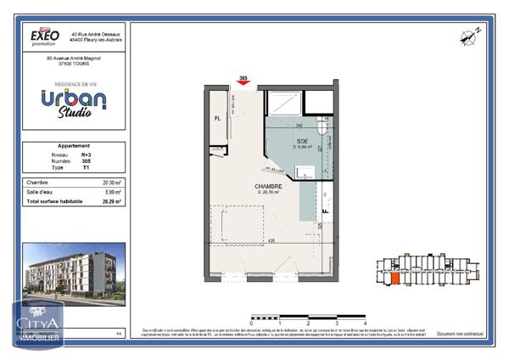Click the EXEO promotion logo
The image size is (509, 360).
pos(45,37)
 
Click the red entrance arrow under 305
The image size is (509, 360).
pos(243,83)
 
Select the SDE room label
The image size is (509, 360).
pos(302,141)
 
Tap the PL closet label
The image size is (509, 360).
pos(218,119)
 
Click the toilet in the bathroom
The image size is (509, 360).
pos(322,127)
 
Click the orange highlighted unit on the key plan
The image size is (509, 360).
pos(394,278)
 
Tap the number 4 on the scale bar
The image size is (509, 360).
pos(364,323)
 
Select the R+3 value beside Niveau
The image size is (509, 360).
pos(86,155)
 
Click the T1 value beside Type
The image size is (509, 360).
pos(86,168)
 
